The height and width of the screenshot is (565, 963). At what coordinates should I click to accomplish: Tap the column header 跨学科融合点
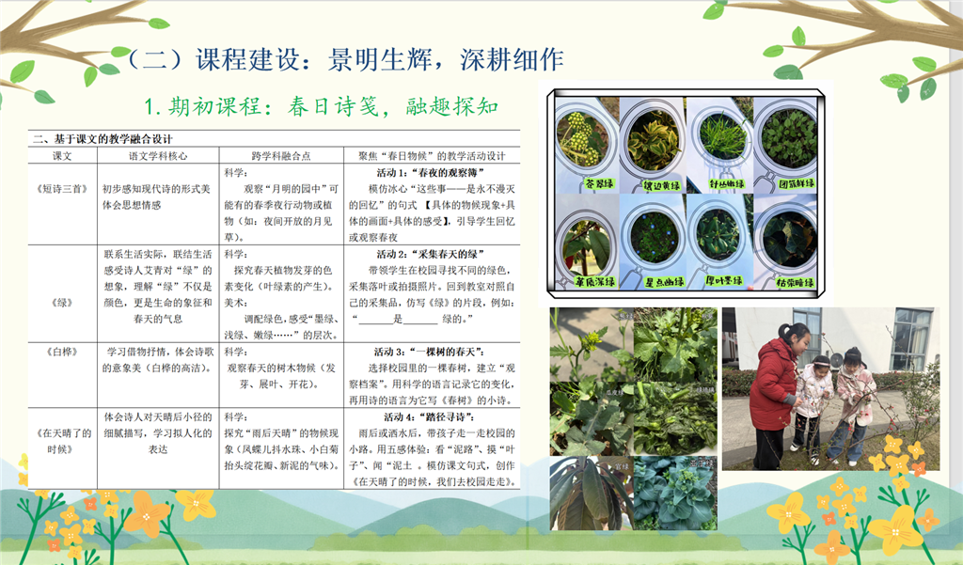point(278,155)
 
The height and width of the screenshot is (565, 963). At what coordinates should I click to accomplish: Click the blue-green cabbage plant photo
point(673,493)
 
